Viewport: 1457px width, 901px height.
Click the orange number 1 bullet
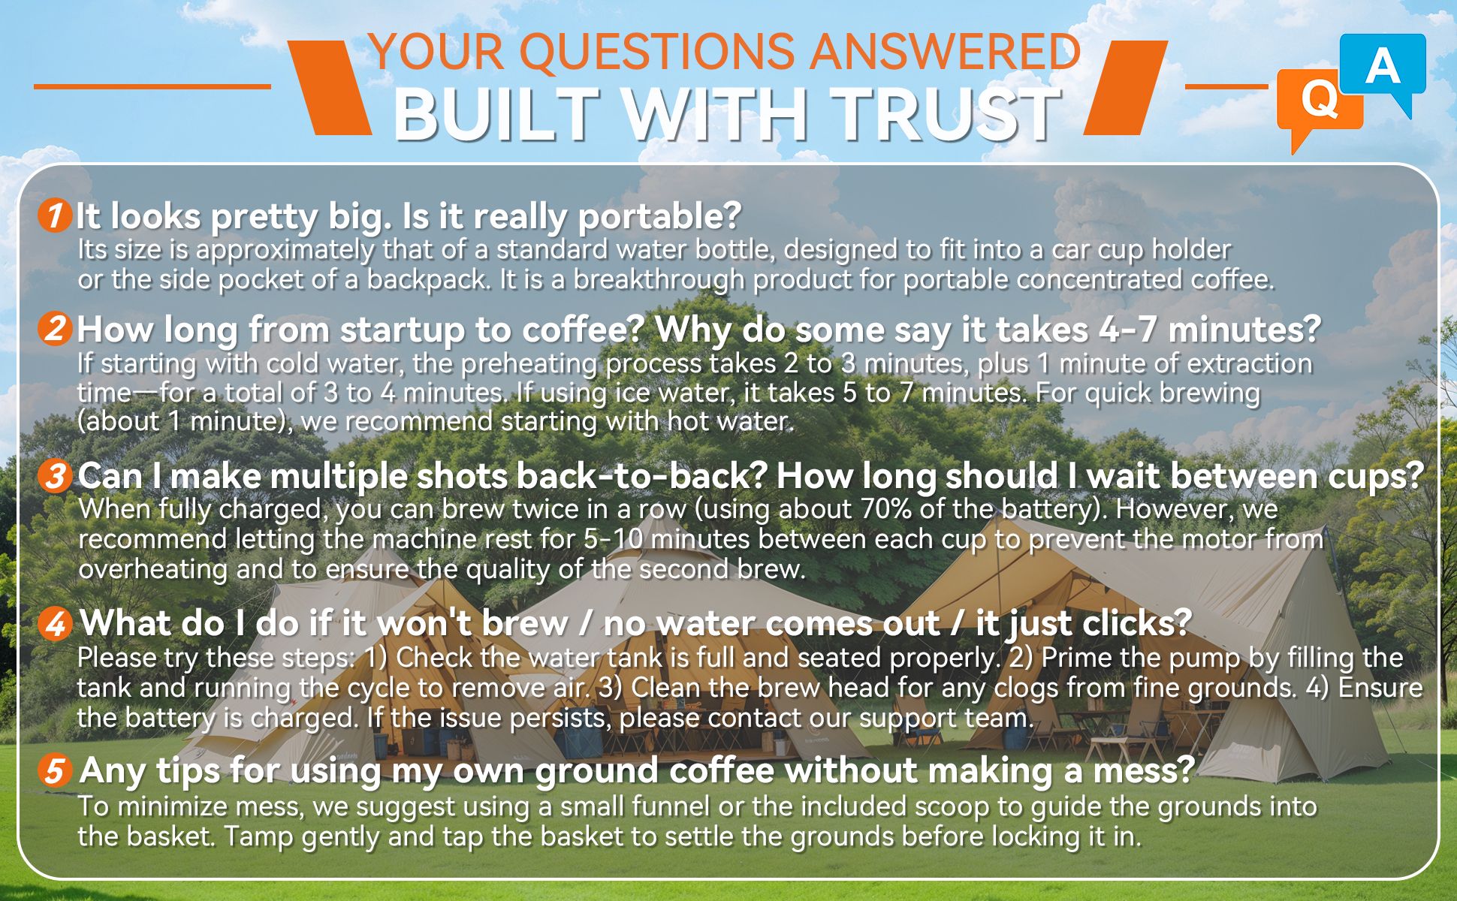point(54,216)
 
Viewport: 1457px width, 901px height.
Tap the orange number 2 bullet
point(54,329)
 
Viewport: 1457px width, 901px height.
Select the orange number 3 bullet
point(54,476)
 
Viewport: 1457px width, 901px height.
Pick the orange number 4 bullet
point(54,624)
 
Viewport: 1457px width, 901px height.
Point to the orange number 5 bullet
point(54,771)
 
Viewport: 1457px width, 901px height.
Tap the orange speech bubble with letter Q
point(1320,105)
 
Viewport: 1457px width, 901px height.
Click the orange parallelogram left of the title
point(329,88)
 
